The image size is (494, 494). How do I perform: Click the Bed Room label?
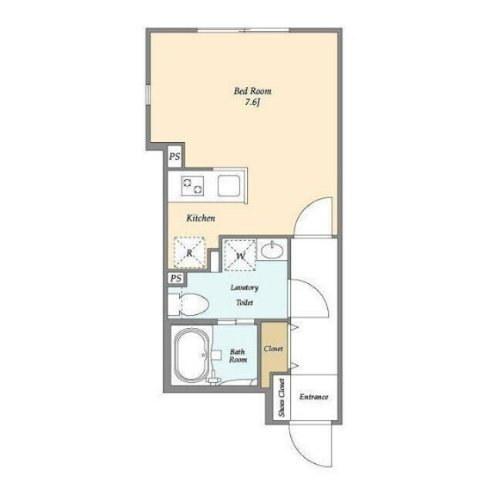(252, 91)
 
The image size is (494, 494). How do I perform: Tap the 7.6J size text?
(252, 103)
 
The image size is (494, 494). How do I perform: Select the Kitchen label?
(201, 218)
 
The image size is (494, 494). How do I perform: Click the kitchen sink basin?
(229, 185)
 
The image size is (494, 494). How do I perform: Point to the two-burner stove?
(192, 185)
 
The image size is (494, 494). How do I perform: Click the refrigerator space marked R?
(189, 252)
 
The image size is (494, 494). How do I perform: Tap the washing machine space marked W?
(239, 255)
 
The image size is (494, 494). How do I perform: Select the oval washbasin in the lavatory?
(272, 249)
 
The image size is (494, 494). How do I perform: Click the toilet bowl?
(192, 304)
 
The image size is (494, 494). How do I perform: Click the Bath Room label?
(238, 356)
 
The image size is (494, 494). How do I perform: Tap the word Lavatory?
(244, 288)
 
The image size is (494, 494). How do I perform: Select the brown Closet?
(275, 354)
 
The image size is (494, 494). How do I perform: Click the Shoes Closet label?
(282, 398)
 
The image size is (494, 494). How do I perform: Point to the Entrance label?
(314, 397)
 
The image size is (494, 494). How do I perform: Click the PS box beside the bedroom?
(175, 156)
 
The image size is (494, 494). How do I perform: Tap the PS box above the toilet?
(176, 278)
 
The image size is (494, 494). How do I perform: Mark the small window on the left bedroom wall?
(147, 94)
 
